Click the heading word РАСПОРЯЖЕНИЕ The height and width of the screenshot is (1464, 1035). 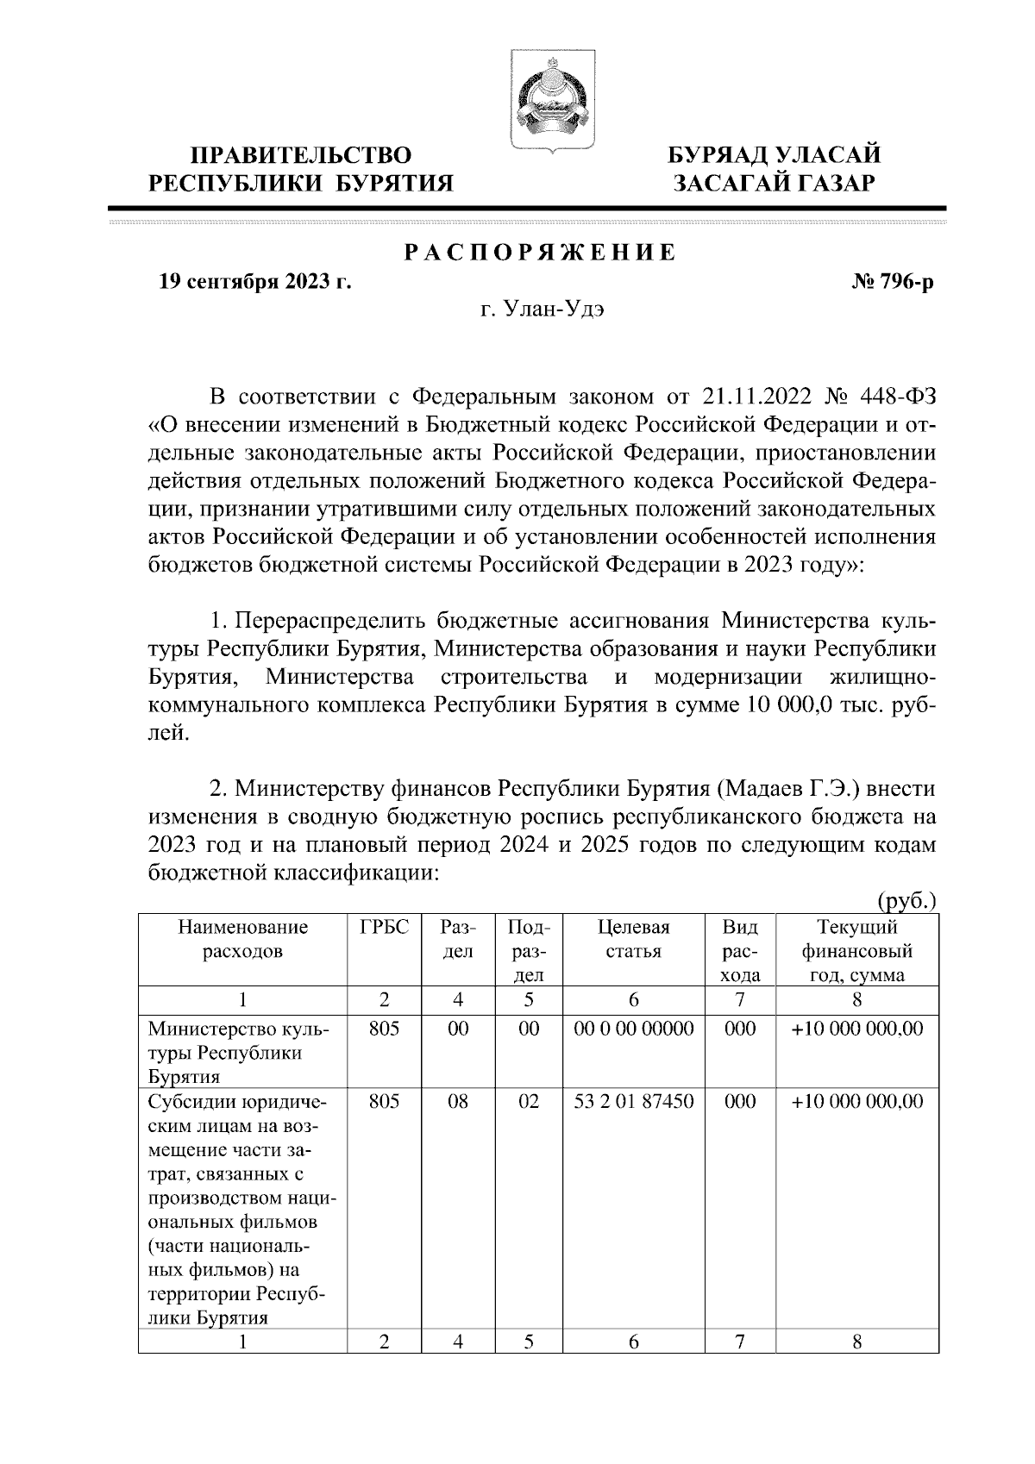[x=541, y=253]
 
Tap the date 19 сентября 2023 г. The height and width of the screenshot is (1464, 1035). [x=255, y=282]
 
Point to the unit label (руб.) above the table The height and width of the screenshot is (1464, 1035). [x=906, y=900]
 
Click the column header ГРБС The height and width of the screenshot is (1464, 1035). [x=384, y=928]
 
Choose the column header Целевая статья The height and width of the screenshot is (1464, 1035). [x=633, y=940]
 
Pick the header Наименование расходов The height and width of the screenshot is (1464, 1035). [x=242, y=940]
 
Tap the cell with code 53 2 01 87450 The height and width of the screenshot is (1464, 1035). [x=633, y=1101]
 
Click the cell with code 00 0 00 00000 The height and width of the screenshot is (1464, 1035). [x=633, y=1029]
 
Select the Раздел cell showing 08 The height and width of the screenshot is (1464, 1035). [x=458, y=1101]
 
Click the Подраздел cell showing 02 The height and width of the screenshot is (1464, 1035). [x=529, y=1101]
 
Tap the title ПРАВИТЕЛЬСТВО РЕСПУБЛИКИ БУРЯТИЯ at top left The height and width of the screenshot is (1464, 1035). [x=301, y=169]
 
